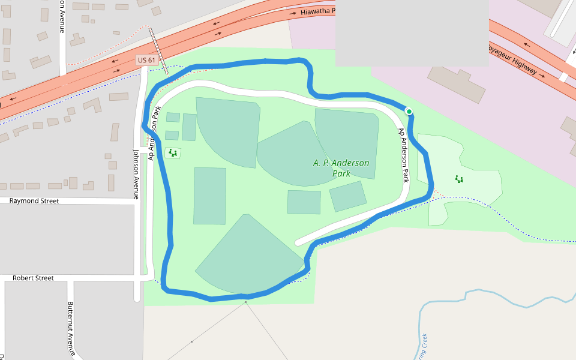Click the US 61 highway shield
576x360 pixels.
[x=146, y=60]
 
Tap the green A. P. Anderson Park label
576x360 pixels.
[x=341, y=168]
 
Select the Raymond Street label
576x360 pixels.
[x=34, y=201]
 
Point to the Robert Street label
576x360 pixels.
[x=33, y=278]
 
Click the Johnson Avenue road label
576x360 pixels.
[x=136, y=173]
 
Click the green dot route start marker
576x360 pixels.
[x=409, y=111]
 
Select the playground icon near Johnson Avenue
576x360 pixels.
[x=173, y=153]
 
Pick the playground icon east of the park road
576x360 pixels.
[x=459, y=179]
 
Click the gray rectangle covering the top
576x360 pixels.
[x=412, y=32]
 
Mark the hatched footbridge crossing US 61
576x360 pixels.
[x=159, y=50]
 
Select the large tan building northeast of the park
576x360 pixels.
[x=456, y=84]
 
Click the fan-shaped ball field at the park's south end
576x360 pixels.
[x=249, y=255]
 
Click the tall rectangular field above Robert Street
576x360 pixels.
[x=210, y=196]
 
